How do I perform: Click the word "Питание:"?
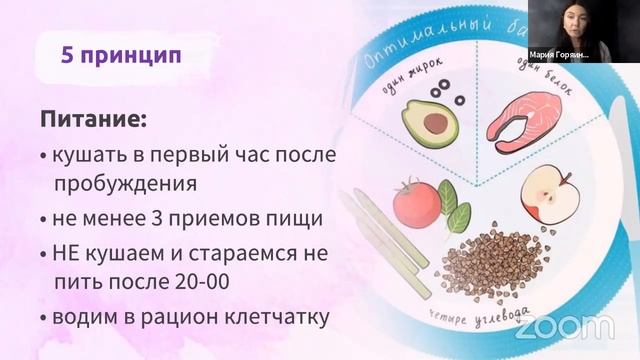93,120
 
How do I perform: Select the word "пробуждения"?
126,184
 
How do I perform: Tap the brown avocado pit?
436,123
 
